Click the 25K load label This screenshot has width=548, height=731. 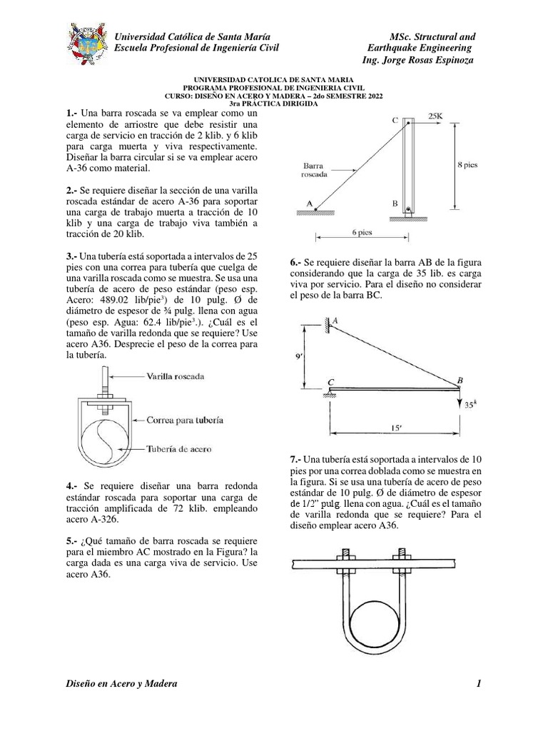click(436, 114)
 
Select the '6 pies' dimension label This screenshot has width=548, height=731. click(362, 233)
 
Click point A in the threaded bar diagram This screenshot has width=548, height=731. click(310, 203)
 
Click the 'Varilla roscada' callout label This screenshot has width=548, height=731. click(176, 375)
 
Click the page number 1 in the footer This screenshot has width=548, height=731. click(479, 685)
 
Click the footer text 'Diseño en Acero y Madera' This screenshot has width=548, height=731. click(121, 685)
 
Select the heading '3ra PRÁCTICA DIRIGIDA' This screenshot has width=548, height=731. click(273, 104)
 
